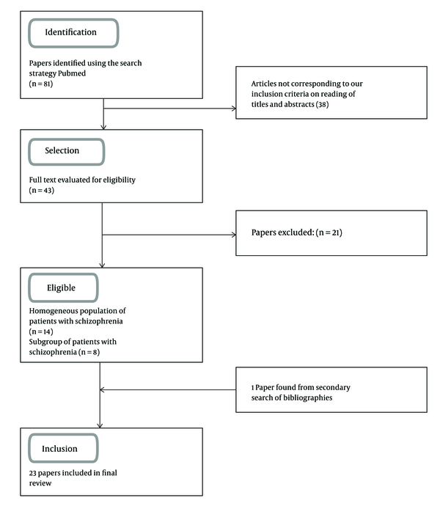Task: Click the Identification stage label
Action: click(x=70, y=32)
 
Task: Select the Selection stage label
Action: click(x=62, y=151)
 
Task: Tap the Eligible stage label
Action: click(x=61, y=288)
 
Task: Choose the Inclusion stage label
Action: click(x=59, y=449)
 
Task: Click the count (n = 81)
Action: click(x=41, y=84)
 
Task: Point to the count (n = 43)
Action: click(x=42, y=191)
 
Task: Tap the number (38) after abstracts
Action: click(x=322, y=105)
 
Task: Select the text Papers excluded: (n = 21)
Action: click(x=297, y=232)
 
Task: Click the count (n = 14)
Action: click(x=41, y=331)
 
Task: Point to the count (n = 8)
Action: click(x=89, y=352)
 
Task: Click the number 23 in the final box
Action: click(x=32, y=473)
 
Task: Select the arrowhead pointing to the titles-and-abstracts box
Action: click(x=234, y=109)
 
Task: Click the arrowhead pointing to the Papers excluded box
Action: click(x=234, y=235)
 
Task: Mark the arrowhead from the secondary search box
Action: click(x=102, y=390)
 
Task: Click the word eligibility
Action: click(x=119, y=180)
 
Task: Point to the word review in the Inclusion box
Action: click(x=40, y=483)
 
